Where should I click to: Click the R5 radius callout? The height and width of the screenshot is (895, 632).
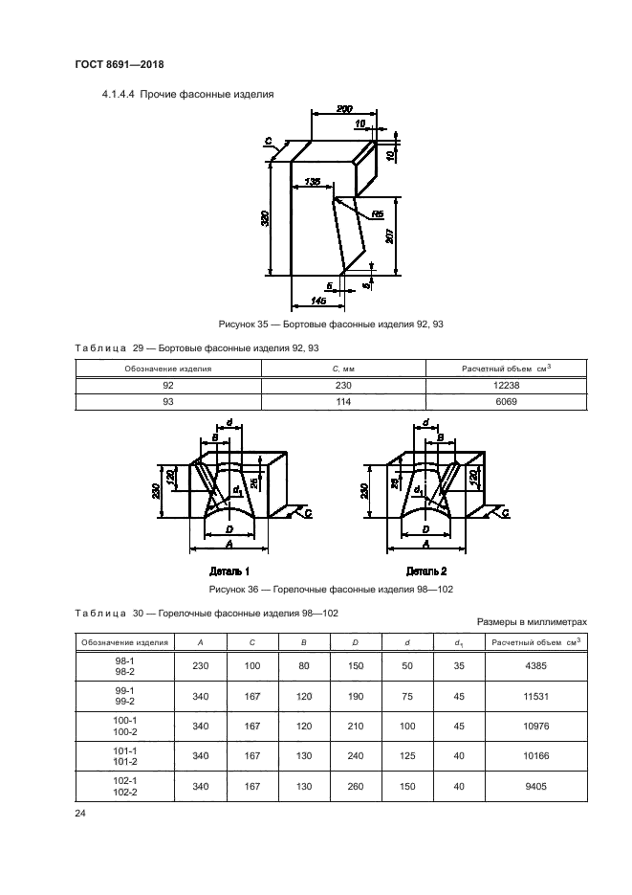378,213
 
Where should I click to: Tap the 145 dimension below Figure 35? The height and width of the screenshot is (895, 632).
318,301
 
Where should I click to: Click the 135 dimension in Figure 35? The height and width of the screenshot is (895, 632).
311,181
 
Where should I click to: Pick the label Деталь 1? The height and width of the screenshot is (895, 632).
230,571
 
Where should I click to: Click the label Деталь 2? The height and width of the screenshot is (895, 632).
425,571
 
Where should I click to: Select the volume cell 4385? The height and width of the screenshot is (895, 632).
534,665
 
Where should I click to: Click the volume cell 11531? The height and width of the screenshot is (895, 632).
534,696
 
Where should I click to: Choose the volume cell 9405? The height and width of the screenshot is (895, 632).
534,788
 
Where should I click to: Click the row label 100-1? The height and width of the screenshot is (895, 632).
124,721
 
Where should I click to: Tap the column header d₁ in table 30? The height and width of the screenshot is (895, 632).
455,641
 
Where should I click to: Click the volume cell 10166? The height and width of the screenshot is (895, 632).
534,757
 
